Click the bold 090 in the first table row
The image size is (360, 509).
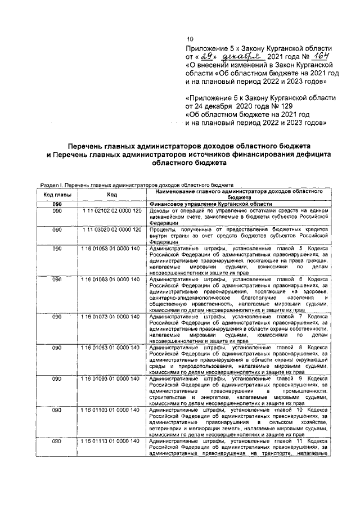(x=57, y=204)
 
